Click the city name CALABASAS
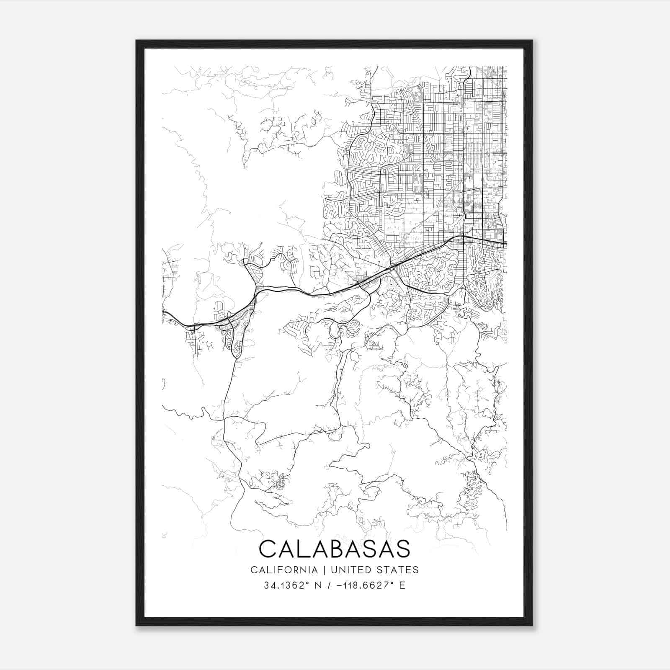coord(335,549)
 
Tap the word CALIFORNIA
coord(283,570)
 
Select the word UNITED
coord(351,570)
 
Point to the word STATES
coord(398,570)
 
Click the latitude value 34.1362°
coord(283,585)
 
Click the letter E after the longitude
coord(402,585)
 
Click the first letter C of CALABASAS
coord(268,549)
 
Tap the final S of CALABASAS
coord(402,549)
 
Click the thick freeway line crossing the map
coord(293,290)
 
